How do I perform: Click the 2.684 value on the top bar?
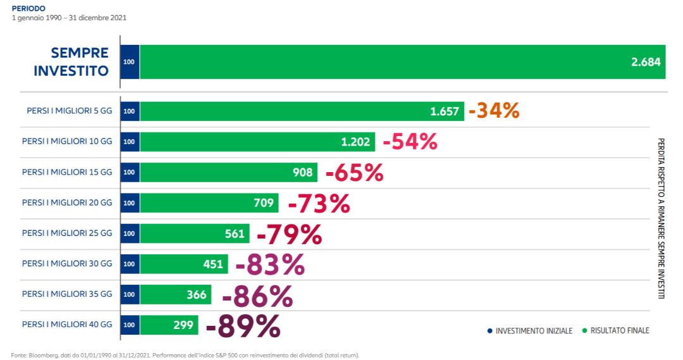point(645,62)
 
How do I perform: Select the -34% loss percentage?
point(494,111)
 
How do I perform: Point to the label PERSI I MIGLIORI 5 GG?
point(69,111)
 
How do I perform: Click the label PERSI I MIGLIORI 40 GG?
point(66,325)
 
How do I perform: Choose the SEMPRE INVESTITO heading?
point(71,61)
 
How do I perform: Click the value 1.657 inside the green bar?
point(444,111)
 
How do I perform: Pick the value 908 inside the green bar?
point(302,172)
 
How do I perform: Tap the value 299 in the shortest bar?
point(183,325)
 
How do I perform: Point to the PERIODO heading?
point(25,8)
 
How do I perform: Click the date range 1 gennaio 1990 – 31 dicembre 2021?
point(69,18)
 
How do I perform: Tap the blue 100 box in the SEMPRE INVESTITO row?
point(129,62)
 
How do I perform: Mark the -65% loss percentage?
point(354,173)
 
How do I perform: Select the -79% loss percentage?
point(289,234)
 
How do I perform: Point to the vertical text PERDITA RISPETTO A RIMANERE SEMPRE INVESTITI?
point(661,218)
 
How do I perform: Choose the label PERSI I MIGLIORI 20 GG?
point(66,202)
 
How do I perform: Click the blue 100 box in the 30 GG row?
point(129,264)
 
